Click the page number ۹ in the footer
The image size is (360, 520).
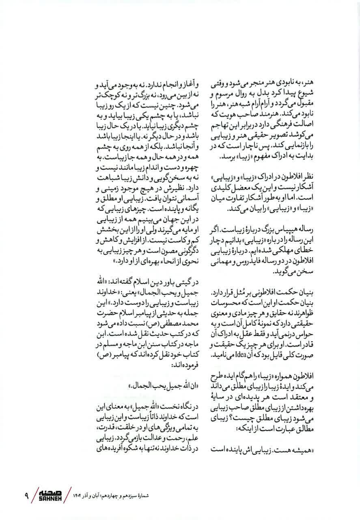(x=26, y=496)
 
